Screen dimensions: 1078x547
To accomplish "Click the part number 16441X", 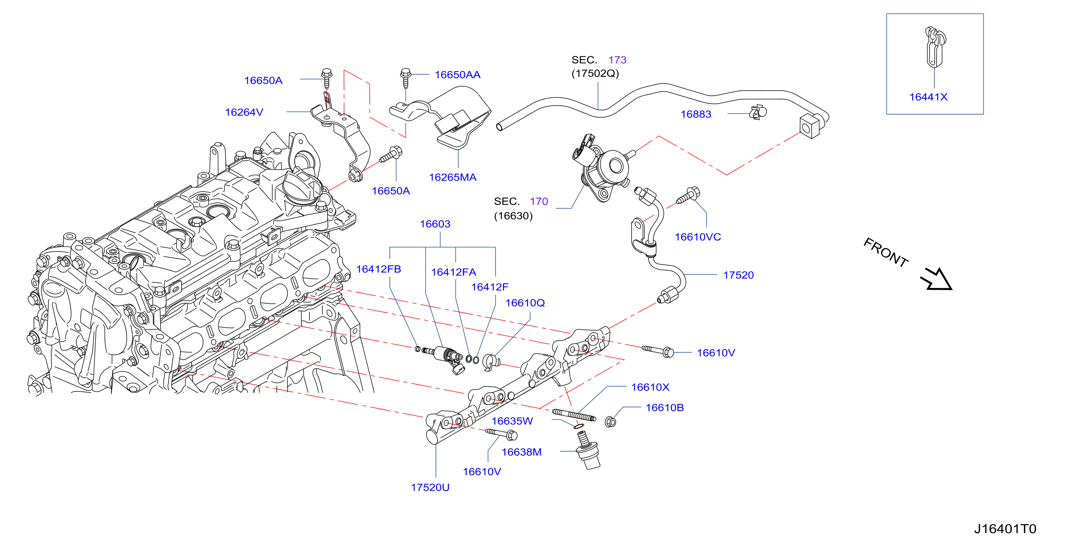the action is tap(928, 97).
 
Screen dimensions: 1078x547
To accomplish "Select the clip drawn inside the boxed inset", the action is tap(935, 47).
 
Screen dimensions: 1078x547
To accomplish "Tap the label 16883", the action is tap(696, 114).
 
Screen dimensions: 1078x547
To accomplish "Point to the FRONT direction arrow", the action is tap(937, 280).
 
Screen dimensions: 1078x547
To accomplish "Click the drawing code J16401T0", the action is tap(1005, 529).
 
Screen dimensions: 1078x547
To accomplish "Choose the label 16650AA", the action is tap(458, 75).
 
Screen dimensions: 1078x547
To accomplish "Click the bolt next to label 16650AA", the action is tap(405, 78).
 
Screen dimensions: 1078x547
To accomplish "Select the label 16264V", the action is tap(244, 112).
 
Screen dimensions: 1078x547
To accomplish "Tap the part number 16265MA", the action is tap(452, 177).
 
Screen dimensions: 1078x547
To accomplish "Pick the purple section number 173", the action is tap(617, 60).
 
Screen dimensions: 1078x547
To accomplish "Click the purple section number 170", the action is tap(539, 202).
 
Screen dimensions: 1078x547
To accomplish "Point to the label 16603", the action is tap(435, 224).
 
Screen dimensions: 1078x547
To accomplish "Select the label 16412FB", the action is tap(378, 269).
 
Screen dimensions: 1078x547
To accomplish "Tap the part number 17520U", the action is tap(430, 488).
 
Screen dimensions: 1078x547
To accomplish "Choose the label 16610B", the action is tap(665, 408).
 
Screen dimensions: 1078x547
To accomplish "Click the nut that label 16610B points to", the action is tap(610, 422).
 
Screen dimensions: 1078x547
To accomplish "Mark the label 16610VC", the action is tap(697, 237).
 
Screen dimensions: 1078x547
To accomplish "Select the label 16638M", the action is tap(521, 452).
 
